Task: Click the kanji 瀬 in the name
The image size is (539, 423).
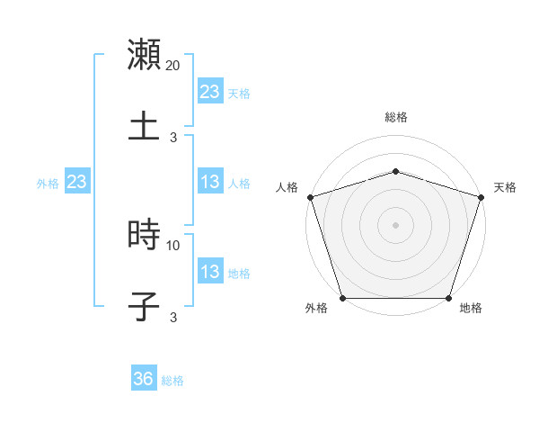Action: (144, 54)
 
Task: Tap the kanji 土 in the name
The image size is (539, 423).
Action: (144, 125)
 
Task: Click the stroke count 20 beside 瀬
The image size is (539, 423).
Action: (173, 66)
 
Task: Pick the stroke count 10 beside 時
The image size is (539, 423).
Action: (173, 245)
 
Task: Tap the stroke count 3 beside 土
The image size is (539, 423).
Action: (173, 137)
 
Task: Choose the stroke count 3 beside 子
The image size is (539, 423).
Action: (173, 317)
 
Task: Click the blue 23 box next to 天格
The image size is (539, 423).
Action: (210, 92)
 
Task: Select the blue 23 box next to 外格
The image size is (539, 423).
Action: (77, 183)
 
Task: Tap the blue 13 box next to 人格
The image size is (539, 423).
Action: (210, 183)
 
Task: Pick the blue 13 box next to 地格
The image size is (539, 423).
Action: (210, 272)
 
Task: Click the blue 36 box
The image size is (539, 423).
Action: (144, 379)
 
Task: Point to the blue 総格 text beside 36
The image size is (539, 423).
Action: (173, 381)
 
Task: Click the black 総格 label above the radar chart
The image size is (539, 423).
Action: (396, 117)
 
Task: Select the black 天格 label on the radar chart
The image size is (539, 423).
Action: (506, 187)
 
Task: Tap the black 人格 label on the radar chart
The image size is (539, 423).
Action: (287, 187)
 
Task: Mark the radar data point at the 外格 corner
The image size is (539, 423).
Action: (342, 298)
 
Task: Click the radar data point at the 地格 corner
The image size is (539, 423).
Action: (449, 298)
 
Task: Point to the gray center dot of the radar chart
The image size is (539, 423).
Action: (395, 224)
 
